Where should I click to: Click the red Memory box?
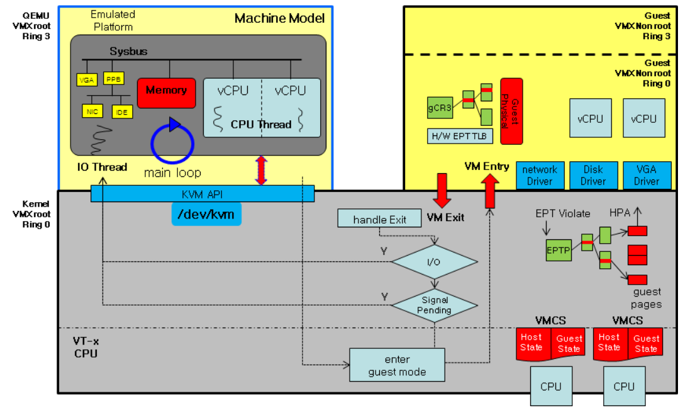[x=167, y=92]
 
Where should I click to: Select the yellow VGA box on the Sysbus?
[x=86, y=80]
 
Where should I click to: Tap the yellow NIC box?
[x=93, y=111]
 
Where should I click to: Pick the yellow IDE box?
[x=121, y=111]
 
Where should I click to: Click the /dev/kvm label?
[x=206, y=214]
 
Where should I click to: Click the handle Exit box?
[x=379, y=219]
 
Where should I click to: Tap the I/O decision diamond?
[x=434, y=261]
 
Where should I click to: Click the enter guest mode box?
[x=397, y=365]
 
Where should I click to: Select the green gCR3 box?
[x=440, y=108]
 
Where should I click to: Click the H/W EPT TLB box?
[x=459, y=135]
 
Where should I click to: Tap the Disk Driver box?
[x=593, y=175]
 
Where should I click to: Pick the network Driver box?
[x=540, y=175]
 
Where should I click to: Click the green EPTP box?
[x=558, y=250]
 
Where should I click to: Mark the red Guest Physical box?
[x=511, y=111]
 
